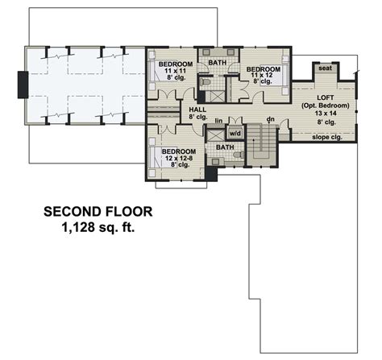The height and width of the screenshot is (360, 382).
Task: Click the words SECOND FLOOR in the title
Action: pos(98,212)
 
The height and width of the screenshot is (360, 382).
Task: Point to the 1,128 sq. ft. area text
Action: pos(98,227)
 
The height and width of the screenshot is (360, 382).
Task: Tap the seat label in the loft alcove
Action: pos(325,68)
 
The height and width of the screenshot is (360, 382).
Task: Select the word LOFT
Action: pos(326,97)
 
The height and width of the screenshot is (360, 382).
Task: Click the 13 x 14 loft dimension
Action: pos(326,114)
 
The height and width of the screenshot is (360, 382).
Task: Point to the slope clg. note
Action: pos(327,137)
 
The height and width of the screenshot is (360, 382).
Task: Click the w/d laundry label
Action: pos(235,133)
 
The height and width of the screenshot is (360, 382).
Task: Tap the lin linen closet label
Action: pos(218,121)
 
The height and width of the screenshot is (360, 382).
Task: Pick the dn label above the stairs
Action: pos(270,118)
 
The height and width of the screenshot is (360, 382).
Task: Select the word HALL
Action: pos(197,110)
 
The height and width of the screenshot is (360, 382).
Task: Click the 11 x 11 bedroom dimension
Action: pos(176,71)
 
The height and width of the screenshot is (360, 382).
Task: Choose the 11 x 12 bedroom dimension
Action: pos(261,75)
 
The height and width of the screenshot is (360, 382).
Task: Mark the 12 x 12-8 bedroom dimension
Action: pos(179,159)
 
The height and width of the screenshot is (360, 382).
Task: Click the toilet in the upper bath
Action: pos(206,81)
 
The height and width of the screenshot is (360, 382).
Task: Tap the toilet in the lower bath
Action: pos(239,155)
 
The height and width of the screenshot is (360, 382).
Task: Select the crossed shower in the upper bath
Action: pos(218,97)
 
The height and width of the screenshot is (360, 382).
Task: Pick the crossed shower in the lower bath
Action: pos(215,135)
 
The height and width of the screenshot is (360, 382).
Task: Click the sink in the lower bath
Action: pos(216,162)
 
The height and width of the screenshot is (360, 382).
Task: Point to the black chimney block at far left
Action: pos(23,85)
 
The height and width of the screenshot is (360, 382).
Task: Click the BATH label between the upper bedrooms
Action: pos(218,63)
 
